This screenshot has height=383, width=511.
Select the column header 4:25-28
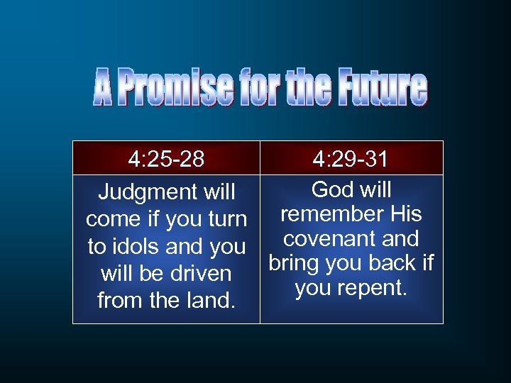[166, 158]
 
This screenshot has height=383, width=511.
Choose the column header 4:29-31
[351, 158]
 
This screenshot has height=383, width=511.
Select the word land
[212, 300]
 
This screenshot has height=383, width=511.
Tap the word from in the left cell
[119, 300]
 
